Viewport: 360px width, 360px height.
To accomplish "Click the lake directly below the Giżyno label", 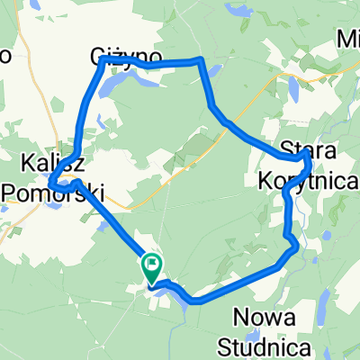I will click(x=121, y=86).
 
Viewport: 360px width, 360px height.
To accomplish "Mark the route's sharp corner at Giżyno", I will click(x=102, y=58).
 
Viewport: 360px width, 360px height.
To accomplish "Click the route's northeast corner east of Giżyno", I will click(x=202, y=61).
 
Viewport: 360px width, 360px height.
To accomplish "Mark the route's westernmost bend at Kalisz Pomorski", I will click(x=51, y=184).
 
